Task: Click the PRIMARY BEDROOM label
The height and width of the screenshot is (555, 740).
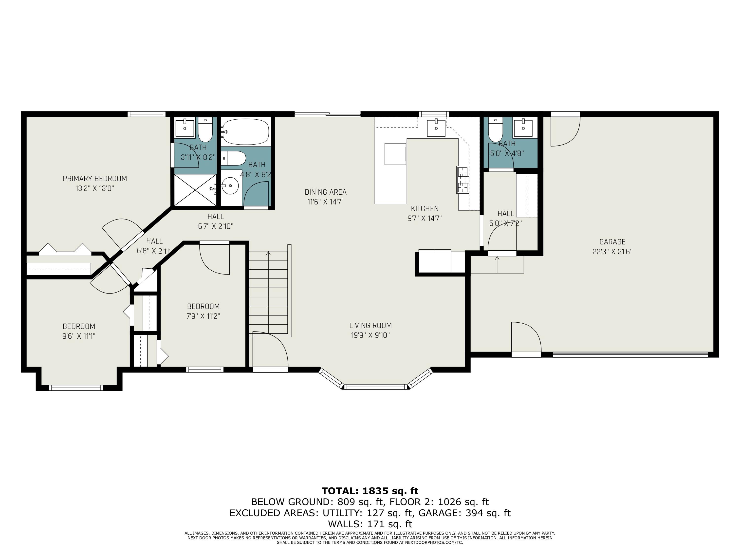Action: (95, 179)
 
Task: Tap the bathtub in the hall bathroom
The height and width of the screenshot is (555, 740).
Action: (246, 132)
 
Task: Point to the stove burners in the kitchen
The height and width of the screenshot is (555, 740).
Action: (463, 180)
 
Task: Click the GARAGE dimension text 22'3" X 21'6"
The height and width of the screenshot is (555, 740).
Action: (612, 252)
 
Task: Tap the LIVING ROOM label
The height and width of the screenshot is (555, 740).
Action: (370, 325)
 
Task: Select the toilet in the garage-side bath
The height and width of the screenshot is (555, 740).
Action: (495, 130)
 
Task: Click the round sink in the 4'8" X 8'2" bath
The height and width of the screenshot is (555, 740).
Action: (230, 185)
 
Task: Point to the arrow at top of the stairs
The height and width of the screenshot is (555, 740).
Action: (268, 254)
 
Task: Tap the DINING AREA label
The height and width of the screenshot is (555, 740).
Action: (325, 192)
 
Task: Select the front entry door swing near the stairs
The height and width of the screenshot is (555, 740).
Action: (270, 350)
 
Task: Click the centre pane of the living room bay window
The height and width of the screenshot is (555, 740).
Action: (375, 387)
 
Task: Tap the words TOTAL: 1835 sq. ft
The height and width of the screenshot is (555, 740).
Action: (370, 491)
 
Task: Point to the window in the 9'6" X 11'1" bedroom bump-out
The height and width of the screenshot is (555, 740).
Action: (76, 388)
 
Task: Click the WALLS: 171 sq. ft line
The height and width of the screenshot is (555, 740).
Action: (370, 524)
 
